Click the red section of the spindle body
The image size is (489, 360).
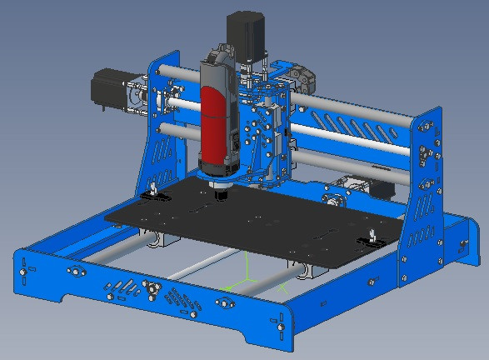(x=213, y=125)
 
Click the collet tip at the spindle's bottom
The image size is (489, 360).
(x=221, y=195)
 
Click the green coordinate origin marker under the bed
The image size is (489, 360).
(x=248, y=282)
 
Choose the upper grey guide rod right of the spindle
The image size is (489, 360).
(x=350, y=106)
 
